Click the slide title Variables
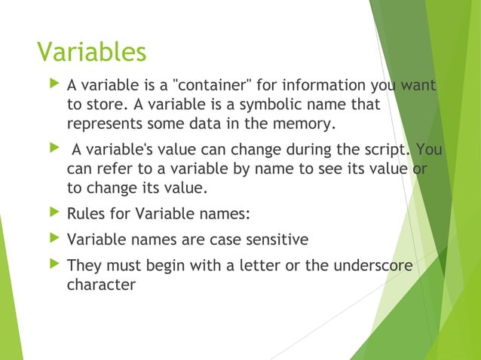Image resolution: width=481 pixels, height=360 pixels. (x=91, y=52)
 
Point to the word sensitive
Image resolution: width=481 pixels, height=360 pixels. (x=272, y=241)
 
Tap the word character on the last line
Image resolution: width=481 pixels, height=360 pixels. (x=101, y=285)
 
